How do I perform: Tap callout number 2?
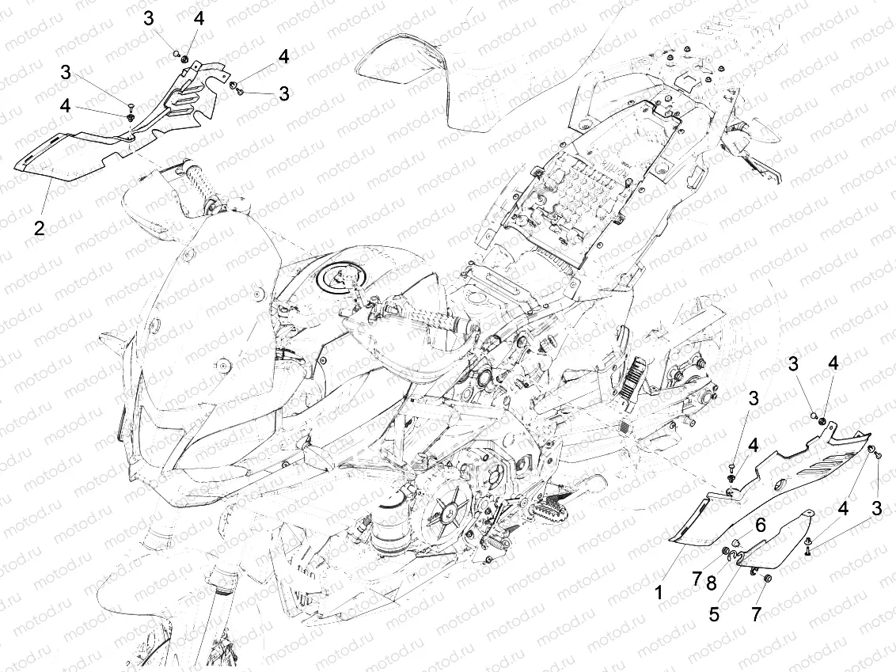[x=38, y=229]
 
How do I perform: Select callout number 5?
[x=714, y=614]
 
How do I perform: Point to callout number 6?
[x=760, y=524]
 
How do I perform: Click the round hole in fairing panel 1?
[x=780, y=486]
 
